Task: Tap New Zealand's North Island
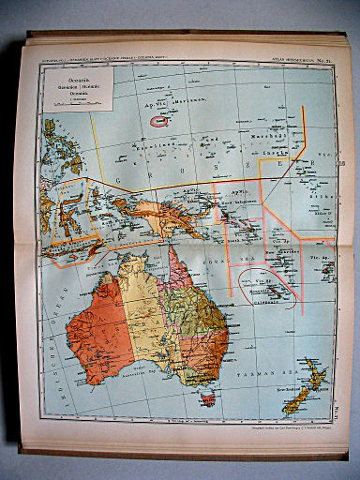[314, 378]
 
